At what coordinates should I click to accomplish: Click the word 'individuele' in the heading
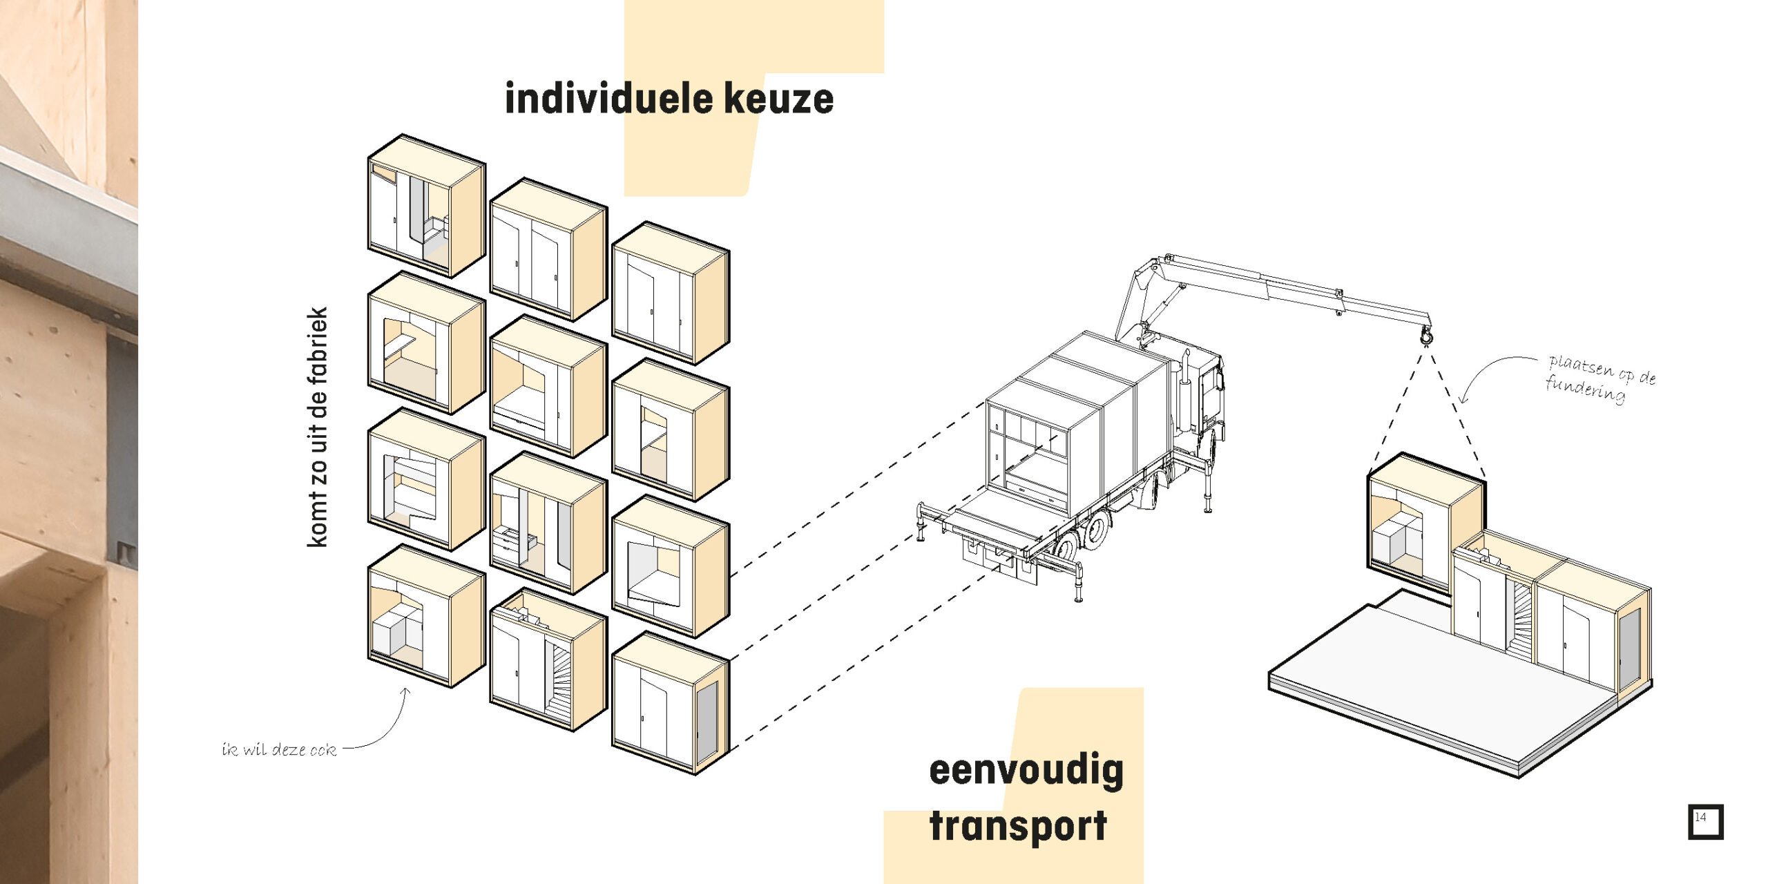click(x=608, y=99)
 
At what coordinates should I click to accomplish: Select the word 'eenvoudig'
click(x=1026, y=771)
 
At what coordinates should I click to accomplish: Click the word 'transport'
click(x=1018, y=826)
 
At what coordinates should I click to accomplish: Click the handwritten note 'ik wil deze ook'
click(x=279, y=749)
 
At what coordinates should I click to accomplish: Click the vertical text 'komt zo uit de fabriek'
click(x=317, y=427)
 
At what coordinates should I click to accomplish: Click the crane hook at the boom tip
click(x=1425, y=336)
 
